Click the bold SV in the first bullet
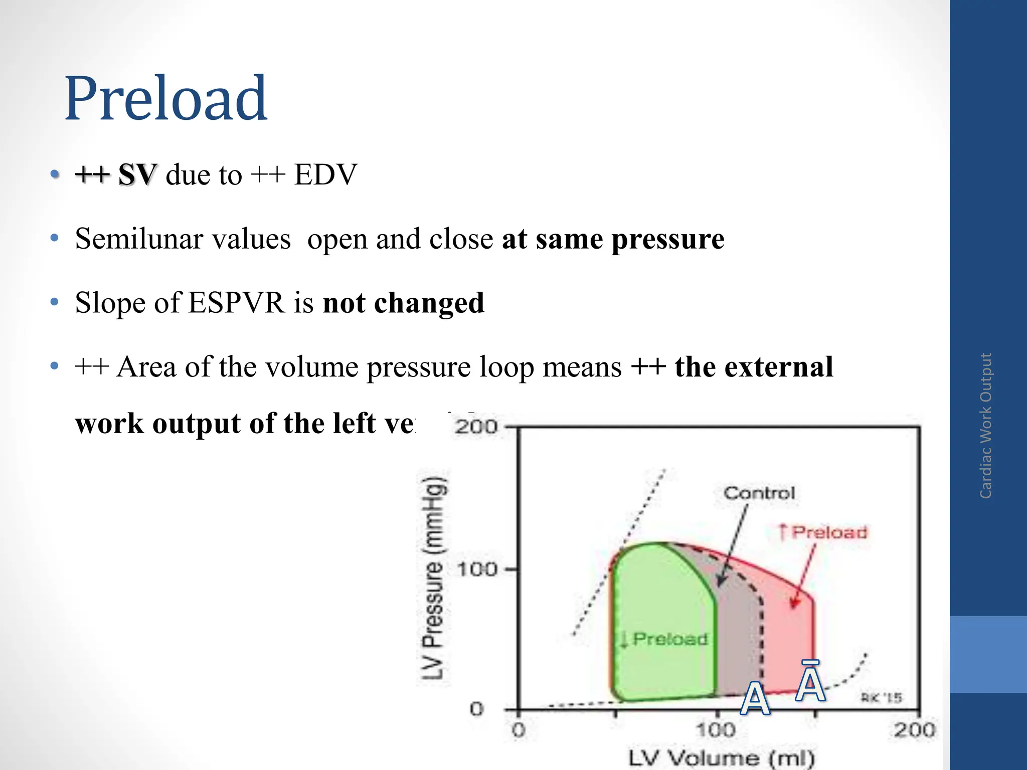coord(137,175)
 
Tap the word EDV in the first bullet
coord(325,175)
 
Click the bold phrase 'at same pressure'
coord(613,239)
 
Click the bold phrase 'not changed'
coord(404,303)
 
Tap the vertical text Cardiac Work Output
coord(986,426)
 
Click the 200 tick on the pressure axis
coord(476,427)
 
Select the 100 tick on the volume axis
coord(716,729)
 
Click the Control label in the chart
coord(759,493)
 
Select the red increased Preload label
coord(823,532)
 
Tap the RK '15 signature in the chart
coord(881,697)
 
